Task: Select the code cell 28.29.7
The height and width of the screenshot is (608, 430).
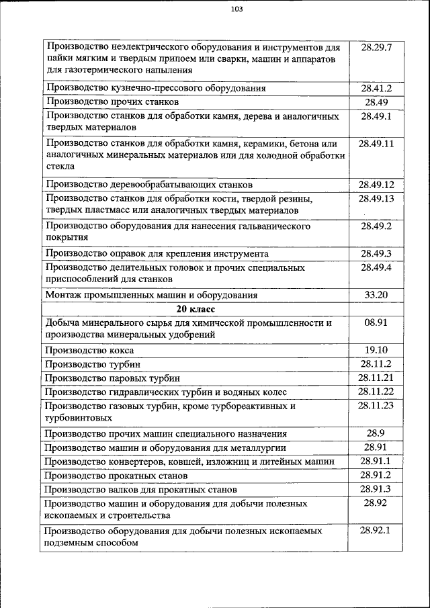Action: tap(376, 48)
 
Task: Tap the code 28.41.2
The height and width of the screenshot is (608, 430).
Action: tap(376, 88)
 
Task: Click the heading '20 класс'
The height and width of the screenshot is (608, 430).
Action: tap(196, 309)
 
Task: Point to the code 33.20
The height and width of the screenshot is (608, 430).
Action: tap(376, 295)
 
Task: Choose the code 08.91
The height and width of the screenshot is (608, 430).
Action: tap(376, 323)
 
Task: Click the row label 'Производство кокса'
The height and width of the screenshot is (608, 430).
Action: tap(89, 350)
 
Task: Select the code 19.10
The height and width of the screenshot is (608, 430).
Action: tap(376, 350)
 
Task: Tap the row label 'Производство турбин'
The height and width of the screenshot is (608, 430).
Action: tap(93, 364)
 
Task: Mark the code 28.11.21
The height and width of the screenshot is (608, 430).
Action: tap(376, 378)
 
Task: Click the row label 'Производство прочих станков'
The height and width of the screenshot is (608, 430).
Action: tap(112, 102)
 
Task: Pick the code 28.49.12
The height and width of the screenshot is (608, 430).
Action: tap(376, 184)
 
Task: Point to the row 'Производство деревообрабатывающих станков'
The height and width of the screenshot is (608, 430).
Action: tap(148, 184)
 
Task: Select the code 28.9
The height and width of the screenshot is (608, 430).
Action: tap(376, 433)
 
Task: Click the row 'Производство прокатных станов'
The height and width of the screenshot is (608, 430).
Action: tap(116, 475)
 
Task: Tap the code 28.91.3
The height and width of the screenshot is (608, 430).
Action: tap(376, 489)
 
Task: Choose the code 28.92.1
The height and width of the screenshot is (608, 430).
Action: tap(376, 530)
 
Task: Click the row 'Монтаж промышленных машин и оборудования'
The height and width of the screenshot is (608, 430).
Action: tap(151, 295)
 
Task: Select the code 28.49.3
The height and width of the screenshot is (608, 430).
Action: tap(376, 253)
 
